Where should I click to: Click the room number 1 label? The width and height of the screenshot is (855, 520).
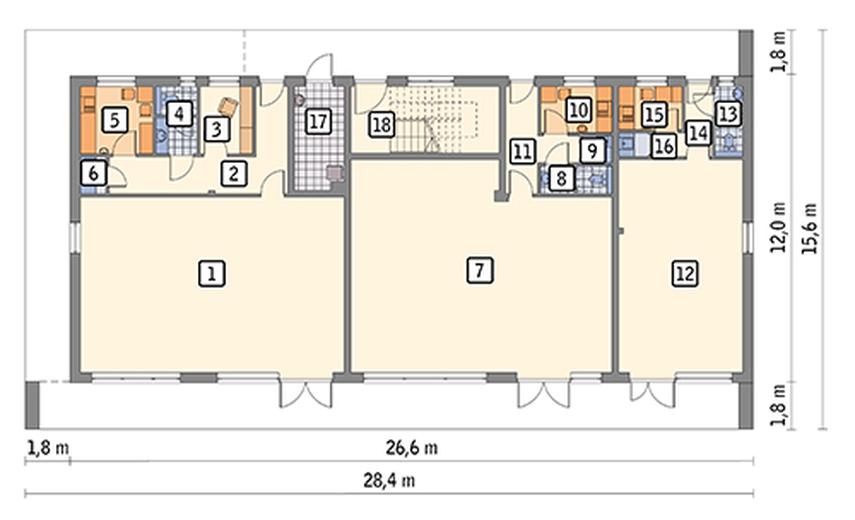[x=212, y=273]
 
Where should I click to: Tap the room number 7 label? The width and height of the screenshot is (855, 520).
[x=480, y=270]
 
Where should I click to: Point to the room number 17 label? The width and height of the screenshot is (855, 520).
[x=318, y=122]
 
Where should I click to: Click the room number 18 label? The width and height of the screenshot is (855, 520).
[x=382, y=124]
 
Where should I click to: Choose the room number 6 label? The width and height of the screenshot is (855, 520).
[x=93, y=173]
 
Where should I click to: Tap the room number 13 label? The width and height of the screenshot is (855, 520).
[x=728, y=114]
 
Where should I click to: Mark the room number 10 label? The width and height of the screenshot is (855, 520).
[x=578, y=110]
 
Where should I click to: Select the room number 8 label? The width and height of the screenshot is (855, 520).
[x=562, y=178]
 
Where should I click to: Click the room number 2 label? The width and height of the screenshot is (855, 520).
[x=234, y=174]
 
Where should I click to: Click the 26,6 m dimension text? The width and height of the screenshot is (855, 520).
[x=412, y=448]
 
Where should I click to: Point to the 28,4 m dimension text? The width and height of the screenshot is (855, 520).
[x=389, y=481]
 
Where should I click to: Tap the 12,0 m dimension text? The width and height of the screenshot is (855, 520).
[x=779, y=227]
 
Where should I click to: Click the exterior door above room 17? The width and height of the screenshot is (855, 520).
[x=321, y=68]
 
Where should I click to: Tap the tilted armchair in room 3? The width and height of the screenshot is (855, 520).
[x=229, y=106]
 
